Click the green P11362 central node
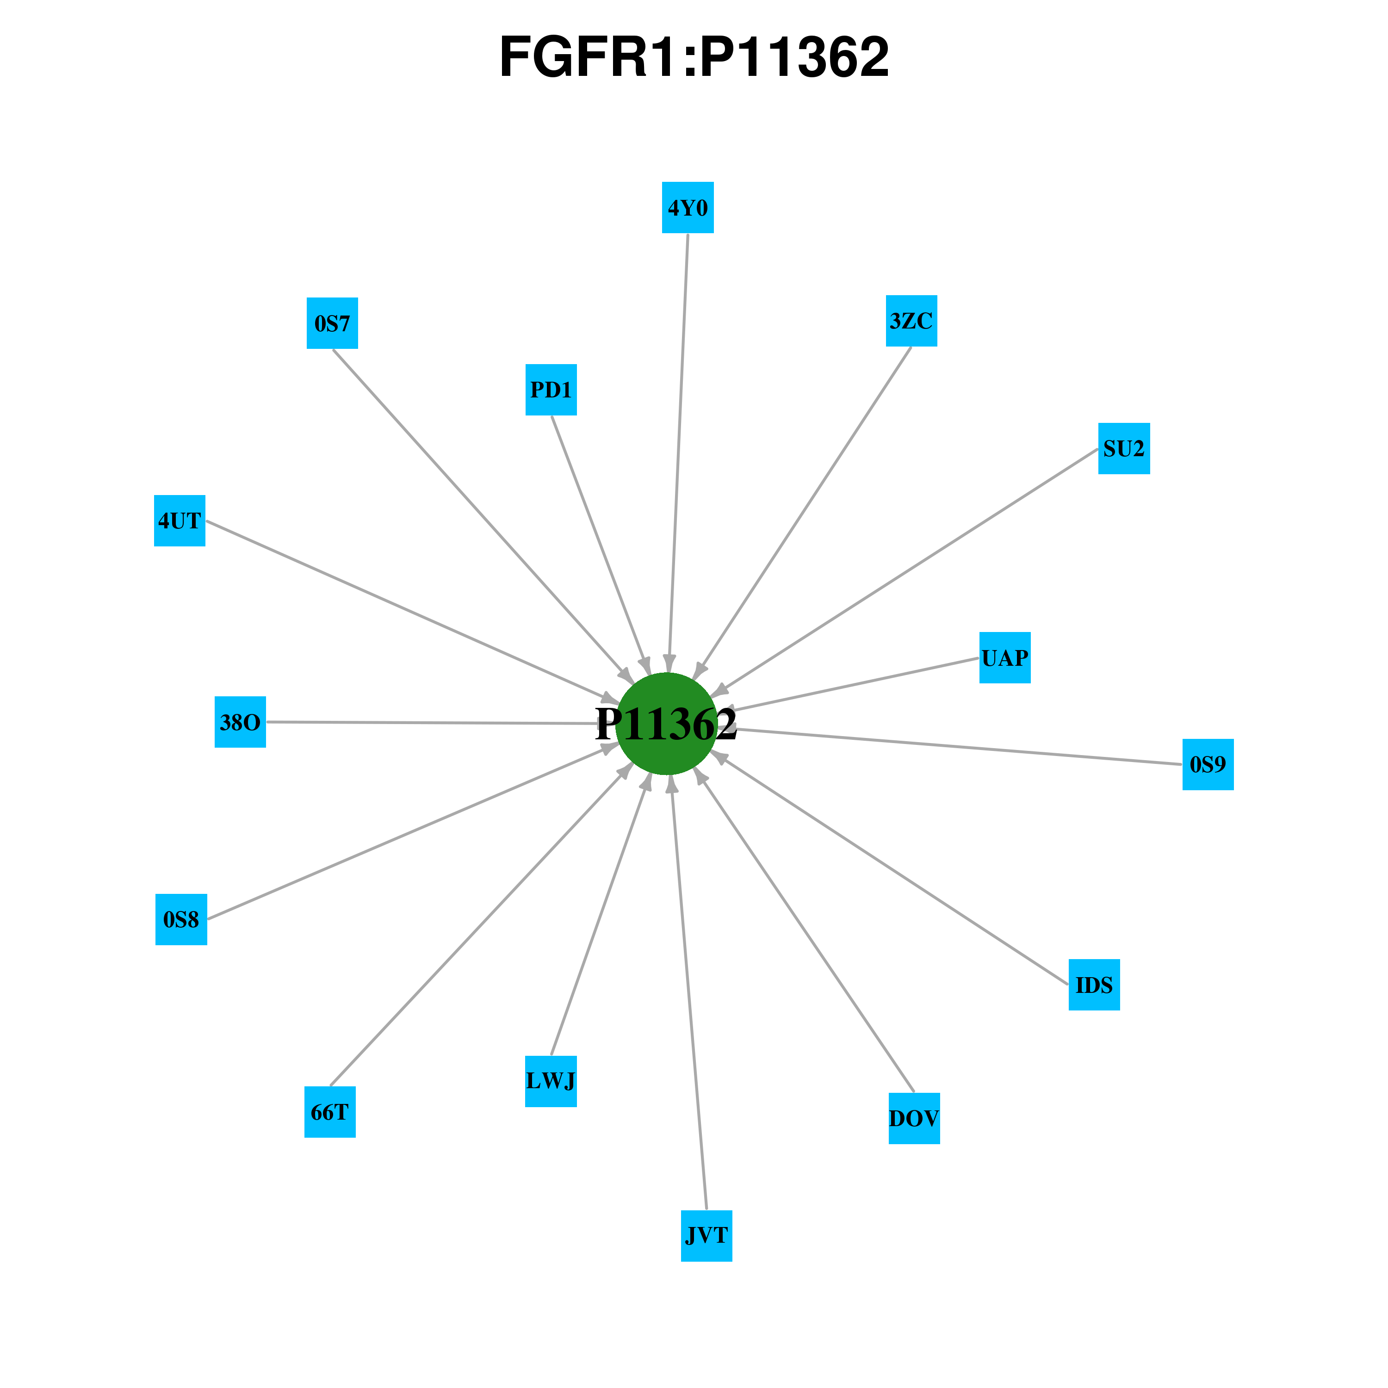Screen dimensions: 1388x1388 pyautogui.click(x=667, y=724)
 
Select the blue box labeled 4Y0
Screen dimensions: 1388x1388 pyautogui.click(x=688, y=208)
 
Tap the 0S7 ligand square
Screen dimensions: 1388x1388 pyautogui.click(x=332, y=323)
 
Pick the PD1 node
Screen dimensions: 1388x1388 pyautogui.click(x=551, y=390)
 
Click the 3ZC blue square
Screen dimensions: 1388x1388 pyautogui.click(x=911, y=321)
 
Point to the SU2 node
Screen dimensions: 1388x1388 pyautogui.click(x=1124, y=448)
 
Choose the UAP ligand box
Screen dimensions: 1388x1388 pyautogui.click(x=1005, y=657)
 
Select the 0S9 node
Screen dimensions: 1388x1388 pyautogui.click(x=1208, y=764)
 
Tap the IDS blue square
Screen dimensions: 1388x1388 pyautogui.click(x=1094, y=984)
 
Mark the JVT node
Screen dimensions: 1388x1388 pyautogui.click(x=706, y=1236)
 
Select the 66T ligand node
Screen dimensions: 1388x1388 pyautogui.click(x=330, y=1111)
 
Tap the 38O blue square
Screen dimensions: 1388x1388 pyautogui.click(x=240, y=721)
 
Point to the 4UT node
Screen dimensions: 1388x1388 pyautogui.click(x=180, y=520)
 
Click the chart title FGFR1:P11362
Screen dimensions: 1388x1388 pyautogui.click(x=694, y=57)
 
